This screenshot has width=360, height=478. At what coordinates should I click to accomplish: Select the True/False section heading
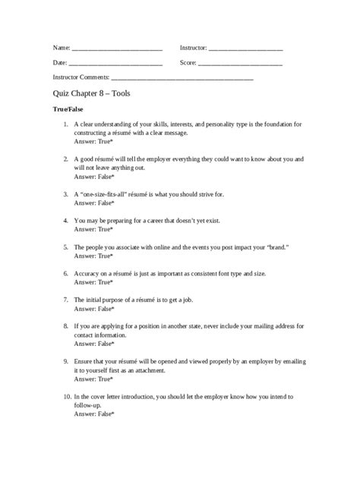(69, 111)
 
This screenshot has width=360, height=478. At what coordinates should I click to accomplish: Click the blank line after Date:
(116, 63)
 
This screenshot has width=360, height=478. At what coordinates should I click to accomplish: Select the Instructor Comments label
(81, 77)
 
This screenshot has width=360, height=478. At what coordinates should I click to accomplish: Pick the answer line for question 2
(94, 177)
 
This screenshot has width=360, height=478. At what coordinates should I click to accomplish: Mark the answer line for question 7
(94, 309)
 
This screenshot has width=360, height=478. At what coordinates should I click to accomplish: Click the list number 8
(66, 326)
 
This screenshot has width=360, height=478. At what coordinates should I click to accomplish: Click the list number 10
(66, 396)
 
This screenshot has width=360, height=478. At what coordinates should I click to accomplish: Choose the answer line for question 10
(94, 414)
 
